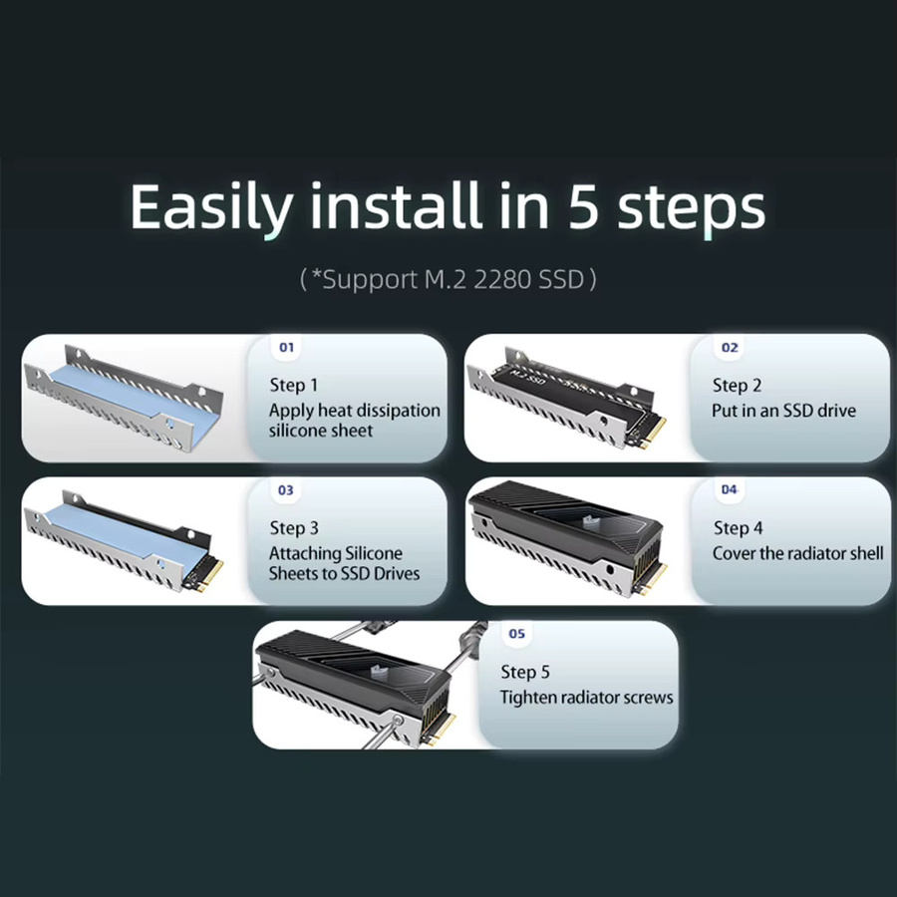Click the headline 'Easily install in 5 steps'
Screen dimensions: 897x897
448,207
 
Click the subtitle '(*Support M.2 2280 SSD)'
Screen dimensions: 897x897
448,279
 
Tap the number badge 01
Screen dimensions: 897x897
287,347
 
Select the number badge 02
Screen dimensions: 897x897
730,347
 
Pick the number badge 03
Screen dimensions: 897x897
285,490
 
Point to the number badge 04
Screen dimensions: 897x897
729,489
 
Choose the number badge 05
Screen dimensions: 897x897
516,633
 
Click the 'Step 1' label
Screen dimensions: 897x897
293,385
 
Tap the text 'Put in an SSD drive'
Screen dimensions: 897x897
783,411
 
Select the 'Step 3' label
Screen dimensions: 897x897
294,528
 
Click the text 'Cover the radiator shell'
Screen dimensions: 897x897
798,553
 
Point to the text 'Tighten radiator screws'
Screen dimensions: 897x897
586,697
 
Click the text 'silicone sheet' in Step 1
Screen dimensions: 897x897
320,431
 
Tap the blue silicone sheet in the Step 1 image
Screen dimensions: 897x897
133,401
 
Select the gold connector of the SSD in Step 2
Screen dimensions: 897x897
652,433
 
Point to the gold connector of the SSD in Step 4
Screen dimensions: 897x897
653,578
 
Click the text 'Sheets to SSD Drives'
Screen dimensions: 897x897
344,573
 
